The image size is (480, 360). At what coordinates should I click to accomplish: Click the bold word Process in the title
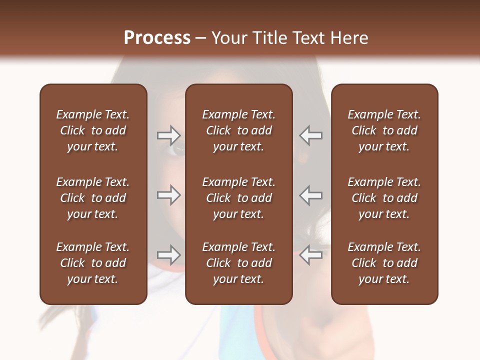point(157,38)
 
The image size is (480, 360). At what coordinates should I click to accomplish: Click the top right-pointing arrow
point(168,135)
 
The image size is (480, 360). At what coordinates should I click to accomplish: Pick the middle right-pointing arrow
point(168,194)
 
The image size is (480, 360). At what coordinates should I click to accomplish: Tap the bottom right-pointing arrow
point(168,254)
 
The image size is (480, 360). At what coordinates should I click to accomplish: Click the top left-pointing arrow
point(311,135)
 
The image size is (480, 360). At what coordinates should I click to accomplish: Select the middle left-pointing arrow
point(311,194)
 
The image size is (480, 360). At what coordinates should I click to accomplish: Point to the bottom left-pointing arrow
point(311,254)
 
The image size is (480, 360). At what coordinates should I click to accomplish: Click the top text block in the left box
point(93,130)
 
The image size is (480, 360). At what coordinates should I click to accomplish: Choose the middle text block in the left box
point(93,198)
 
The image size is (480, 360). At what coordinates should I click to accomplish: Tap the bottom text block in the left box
point(93,263)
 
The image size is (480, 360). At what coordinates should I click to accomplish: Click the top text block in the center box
point(238,130)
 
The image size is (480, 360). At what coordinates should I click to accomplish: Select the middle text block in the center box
point(238,198)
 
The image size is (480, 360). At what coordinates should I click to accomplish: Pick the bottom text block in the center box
point(238,263)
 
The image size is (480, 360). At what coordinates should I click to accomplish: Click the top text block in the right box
point(384,130)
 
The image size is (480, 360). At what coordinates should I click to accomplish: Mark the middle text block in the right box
point(384,198)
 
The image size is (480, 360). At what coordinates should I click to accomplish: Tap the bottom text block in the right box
point(384,263)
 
